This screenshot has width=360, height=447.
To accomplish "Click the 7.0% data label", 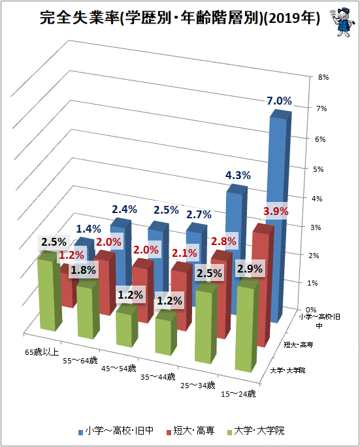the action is click(279, 101).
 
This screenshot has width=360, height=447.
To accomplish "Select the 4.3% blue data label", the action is click(238, 175).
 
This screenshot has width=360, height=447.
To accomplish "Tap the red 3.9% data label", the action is click(276, 211).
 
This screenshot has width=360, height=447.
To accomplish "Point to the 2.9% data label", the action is click(250, 269).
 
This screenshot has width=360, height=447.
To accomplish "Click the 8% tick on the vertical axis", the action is click(323, 77).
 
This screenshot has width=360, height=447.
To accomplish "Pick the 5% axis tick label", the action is click(318, 169).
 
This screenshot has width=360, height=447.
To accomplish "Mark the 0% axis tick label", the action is click(311, 310).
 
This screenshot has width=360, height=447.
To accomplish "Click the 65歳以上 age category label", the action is click(42, 352).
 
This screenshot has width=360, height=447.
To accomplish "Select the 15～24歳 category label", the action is click(238, 394).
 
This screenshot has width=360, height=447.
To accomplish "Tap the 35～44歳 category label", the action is click(158, 377).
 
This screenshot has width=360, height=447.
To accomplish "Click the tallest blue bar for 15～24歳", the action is click(280, 217).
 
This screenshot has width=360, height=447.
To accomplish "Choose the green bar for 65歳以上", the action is click(50, 291).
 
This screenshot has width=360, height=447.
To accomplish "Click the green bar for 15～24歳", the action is click(247, 325).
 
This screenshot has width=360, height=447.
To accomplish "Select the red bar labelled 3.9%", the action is click(263, 285).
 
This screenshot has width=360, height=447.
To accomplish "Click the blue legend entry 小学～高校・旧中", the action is click(116, 431).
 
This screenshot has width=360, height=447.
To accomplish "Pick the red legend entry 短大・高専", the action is click(191, 431).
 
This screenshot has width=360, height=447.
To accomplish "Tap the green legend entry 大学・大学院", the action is click(256, 431).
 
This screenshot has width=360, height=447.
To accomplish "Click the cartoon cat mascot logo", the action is click(342, 22).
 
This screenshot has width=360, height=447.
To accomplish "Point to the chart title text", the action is click(180, 18).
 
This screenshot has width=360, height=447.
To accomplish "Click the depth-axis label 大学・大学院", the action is click(287, 371).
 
